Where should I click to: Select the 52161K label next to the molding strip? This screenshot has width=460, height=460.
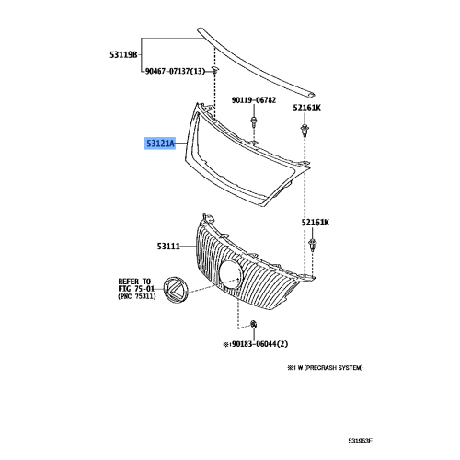click(306, 108)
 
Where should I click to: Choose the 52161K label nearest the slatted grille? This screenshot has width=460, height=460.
click(313, 223)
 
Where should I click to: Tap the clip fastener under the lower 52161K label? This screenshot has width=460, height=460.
click(312, 245)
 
